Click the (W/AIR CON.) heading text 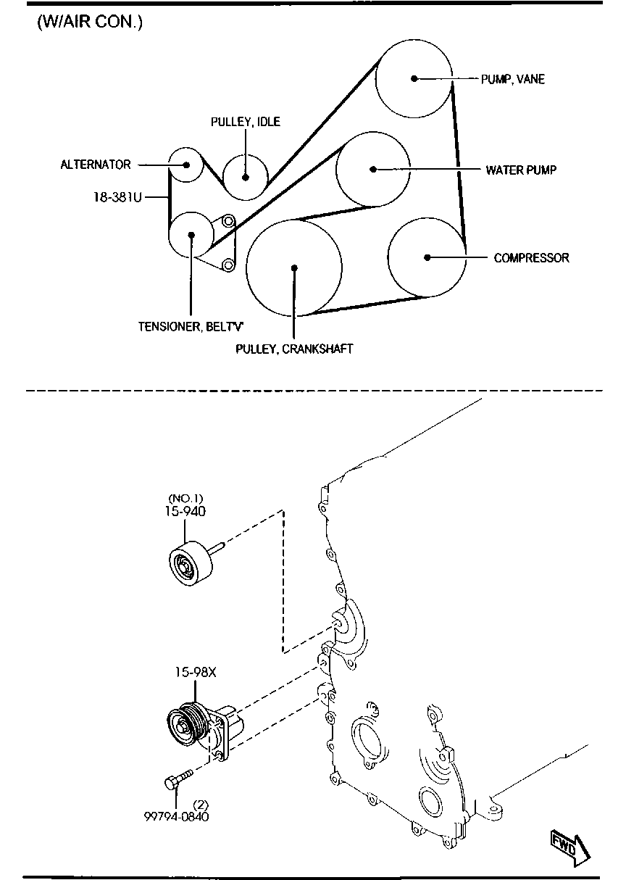coord(90,22)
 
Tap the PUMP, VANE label coord(513,79)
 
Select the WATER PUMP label coord(521,170)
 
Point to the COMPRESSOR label coord(531,258)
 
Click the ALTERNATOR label coord(96,165)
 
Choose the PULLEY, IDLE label coord(246,122)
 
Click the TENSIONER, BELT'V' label coord(191,326)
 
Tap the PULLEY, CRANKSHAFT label coord(294,349)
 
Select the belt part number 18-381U coord(117,197)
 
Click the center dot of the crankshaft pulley coord(294,268)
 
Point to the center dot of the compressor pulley coord(427,258)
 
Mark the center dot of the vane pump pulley coord(414,78)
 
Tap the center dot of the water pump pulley coord(373,170)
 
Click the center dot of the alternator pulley coord(186,165)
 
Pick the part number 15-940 coord(185,511)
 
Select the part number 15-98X coord(196,672)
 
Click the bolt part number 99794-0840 coord(176,817)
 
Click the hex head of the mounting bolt coord(171,784)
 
